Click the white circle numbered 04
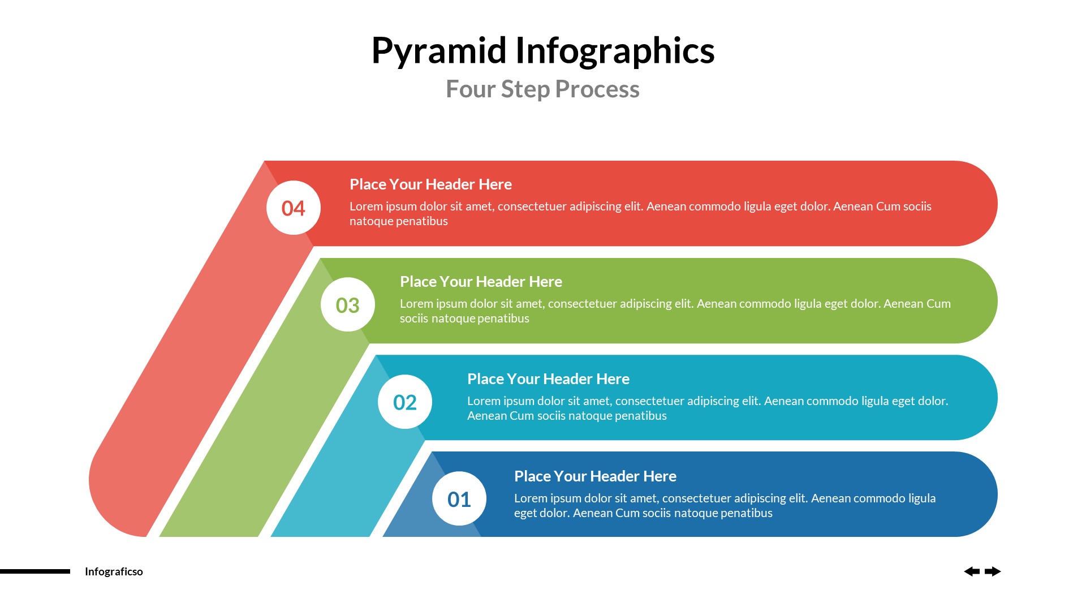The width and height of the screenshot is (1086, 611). [x=293, y=208]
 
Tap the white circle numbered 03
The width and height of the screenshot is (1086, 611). [x=347, y=305]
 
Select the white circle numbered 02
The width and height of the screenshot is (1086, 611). [x=404, y=402]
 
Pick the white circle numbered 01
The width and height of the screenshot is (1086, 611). [x=459, y=499]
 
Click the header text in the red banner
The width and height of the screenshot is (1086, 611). [x=430, y=184]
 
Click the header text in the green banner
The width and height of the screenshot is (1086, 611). [x=481, y=282]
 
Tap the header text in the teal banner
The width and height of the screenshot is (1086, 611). [x=548, y=379]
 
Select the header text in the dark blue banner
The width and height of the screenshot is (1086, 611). [x=595, y=476]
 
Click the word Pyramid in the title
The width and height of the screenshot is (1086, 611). [x=438, y=51]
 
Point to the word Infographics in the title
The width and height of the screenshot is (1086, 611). [x=615, y=51]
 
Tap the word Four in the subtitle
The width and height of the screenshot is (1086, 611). [x=470, y=89]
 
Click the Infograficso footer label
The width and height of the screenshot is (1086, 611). [x=114, y=571]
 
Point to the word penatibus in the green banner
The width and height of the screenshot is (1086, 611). [x=503, y=319]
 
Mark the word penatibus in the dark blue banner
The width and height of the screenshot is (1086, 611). [x=746, y=513]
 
